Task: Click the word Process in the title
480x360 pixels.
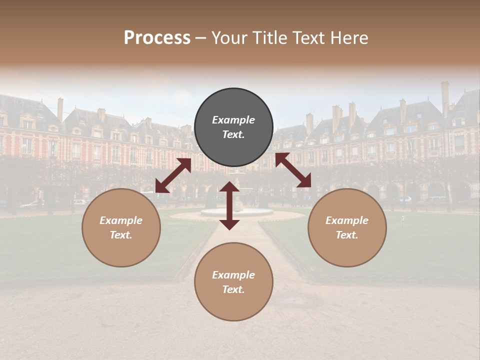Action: coord(157,38)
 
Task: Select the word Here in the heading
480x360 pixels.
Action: coord(349,38)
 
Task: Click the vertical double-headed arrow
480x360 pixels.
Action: coord(229,205)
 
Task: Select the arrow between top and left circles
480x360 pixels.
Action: coord(173,175)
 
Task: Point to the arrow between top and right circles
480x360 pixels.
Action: coord(293,170)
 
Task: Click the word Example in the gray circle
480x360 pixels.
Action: coord(233,120)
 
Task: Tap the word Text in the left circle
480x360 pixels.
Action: coord(121,235)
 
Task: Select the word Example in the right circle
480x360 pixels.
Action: coord(347,220)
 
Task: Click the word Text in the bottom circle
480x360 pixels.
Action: coord(233,289)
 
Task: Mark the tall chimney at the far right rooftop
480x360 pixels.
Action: coord(444,98)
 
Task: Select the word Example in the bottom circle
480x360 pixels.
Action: coord(233,275)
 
